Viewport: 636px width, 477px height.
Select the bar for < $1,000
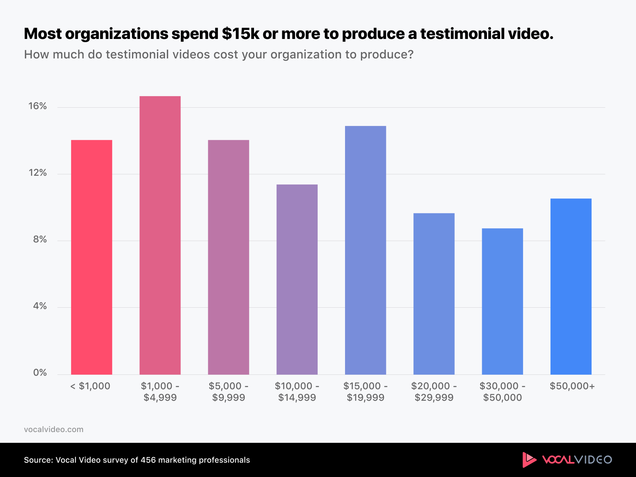(x=91, y=257)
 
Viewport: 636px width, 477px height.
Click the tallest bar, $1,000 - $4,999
(x=160, y=235)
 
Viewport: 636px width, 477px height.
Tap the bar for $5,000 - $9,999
(x=229, y=257)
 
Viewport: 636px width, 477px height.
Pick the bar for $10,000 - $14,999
(x=297, y=279)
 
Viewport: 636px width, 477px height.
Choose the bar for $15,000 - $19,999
(x=365, y=250)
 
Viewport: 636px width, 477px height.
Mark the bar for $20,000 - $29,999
(x=434, y=294)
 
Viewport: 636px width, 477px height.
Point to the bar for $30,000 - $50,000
(x=502, y=301)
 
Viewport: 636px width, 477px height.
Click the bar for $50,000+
(x=571, y=286)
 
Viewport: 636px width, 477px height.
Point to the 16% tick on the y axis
(x=37, y=106)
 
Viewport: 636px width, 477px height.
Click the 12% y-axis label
(x=37, y=173)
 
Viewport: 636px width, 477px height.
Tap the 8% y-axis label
(x=40, y=239)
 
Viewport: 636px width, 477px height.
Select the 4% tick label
(x=40, y=306)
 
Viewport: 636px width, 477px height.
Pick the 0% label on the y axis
(x=40, y=373)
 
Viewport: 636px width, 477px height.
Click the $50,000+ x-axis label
(x=572, y=386)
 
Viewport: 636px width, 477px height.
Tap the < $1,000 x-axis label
(x=90, y=386)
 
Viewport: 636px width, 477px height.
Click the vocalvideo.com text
(x=54, y=429)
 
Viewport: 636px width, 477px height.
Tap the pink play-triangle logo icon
(x=529, y=460)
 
